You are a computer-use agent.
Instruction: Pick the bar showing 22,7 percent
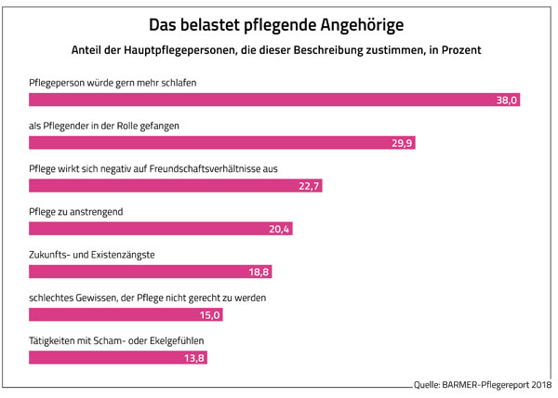(x=176, y=186)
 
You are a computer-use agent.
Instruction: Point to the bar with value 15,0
(x=126, y=314)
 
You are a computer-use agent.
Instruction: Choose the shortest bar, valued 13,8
(x=117, y=357)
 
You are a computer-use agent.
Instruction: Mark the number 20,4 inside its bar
(x=278, y=229)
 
